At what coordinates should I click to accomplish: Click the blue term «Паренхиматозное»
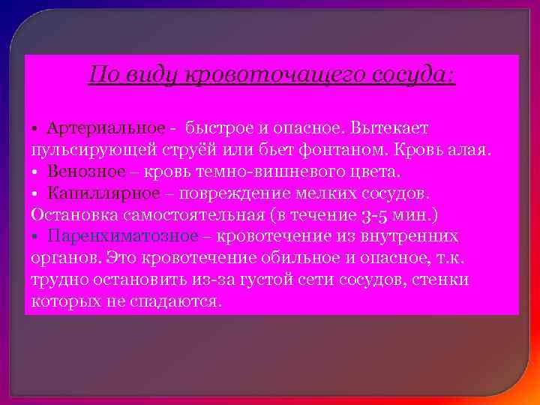pyautogui.click(x=122, y=236)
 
